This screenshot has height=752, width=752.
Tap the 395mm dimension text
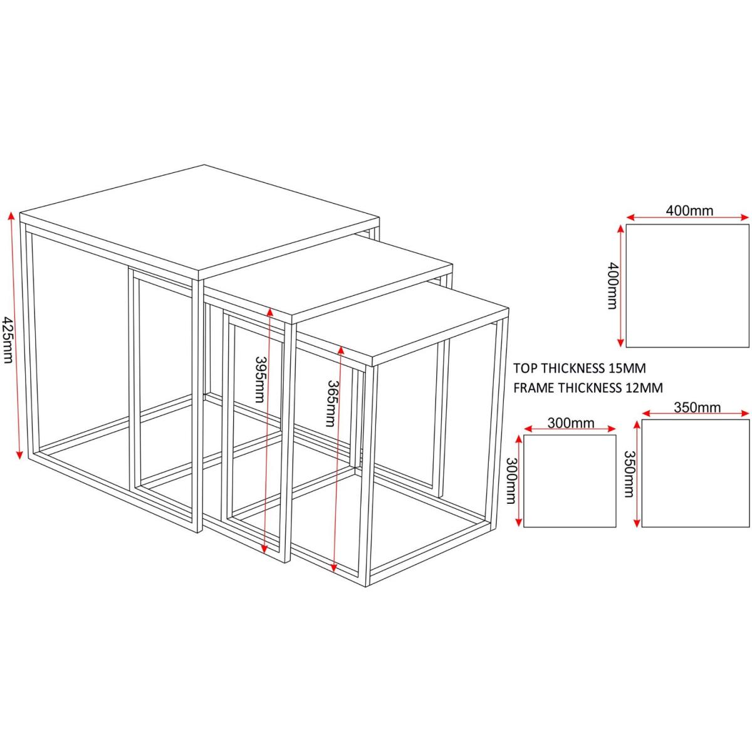tap(260, 379)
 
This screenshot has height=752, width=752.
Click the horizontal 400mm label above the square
tap(689, 211)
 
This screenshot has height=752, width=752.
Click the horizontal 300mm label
tap(570, 422)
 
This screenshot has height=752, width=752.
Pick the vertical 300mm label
tap(511, 481)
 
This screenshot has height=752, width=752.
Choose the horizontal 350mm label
tap(697, 407)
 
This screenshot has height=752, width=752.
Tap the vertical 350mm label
tap(629, 474)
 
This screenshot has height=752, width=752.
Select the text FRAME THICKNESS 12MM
tap(588, 387)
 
